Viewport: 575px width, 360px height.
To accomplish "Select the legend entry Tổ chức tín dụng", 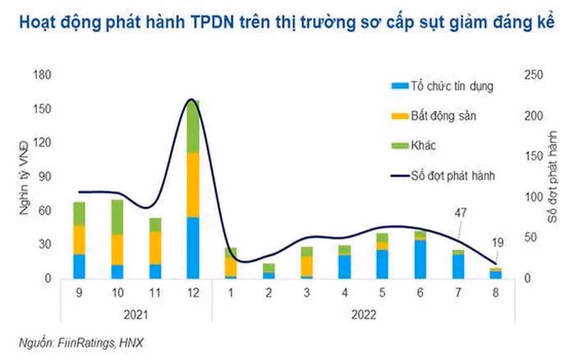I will coord(443,85).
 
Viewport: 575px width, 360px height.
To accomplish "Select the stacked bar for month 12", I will coord(193,197).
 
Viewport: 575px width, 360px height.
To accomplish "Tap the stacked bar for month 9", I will coord(80,240).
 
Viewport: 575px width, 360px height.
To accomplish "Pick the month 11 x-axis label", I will coord(155,293).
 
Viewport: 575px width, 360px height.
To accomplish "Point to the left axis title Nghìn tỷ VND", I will coord(25,178).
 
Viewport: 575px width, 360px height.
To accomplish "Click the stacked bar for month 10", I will coord(117,239).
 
